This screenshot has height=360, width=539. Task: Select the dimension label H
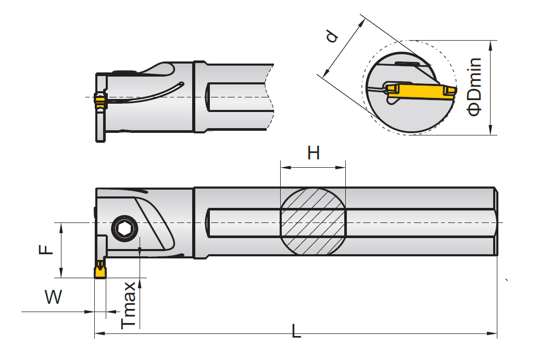pyautogui.click(x=313, y=154)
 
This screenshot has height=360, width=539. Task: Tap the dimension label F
pyautogui.click(x=47, y=249)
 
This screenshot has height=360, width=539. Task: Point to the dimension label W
pyautogui.click(x=53, y=297)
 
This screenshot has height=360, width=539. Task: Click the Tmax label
pyautogui.click(x=129, y=304)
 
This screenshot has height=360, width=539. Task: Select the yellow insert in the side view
pyautogui.click(x=99, y=272)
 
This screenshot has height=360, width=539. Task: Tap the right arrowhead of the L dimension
pyautogui.click(x=493, y=333)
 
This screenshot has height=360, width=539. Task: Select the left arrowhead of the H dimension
pyautogui.click(x=283, y=167)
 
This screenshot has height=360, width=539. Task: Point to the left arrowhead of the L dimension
pyautogui.click(x=98, y=333)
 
